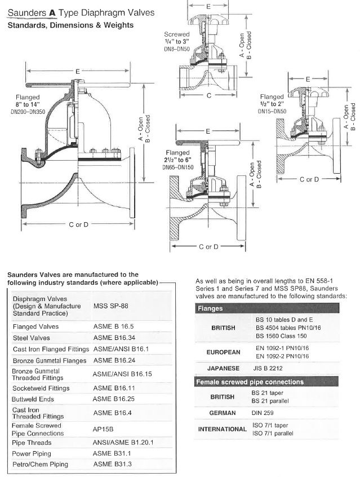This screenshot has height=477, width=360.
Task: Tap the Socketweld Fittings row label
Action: coord(41,388)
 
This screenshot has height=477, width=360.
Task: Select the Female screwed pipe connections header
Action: coord(249,382)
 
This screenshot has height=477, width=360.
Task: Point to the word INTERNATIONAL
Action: coord(222,429)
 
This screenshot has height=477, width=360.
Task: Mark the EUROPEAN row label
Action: coord(222,352)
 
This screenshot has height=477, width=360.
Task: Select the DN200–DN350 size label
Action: coord(27,113)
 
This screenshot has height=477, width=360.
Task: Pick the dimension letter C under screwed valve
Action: coord(209,96)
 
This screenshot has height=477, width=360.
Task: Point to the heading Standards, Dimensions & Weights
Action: coord(70,25)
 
